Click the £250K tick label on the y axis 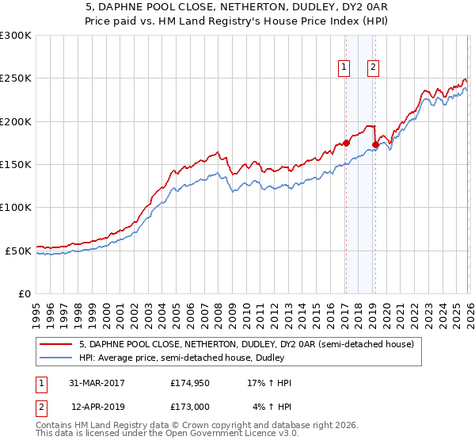point(16,78)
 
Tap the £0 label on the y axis point(25,293)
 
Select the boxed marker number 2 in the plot point(372,68)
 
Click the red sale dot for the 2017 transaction point(346,144)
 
